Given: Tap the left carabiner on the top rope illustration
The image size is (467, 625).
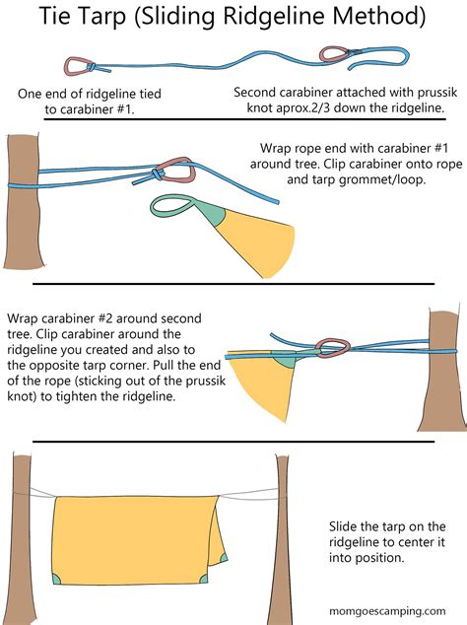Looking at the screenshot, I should tap(77, 65).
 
